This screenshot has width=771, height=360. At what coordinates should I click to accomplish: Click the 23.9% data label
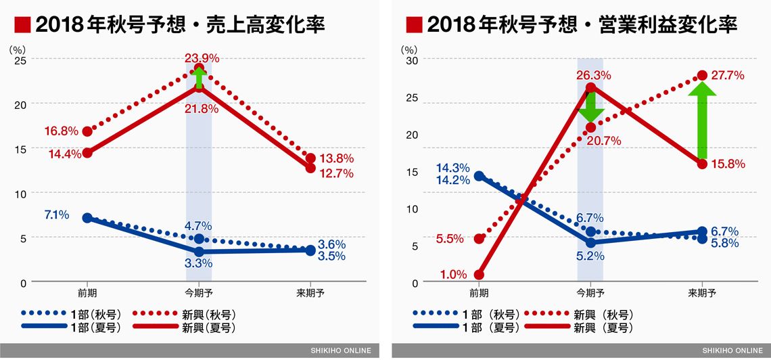[199, 58]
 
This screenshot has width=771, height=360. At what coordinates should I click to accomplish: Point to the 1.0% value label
[453, 274]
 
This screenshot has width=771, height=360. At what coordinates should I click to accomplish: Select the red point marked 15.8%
[702, 164]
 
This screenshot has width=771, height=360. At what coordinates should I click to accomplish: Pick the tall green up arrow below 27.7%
[702, 119]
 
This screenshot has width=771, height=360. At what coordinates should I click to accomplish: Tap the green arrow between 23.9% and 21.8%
[199, 77]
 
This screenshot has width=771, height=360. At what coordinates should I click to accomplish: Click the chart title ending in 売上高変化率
[179, 25]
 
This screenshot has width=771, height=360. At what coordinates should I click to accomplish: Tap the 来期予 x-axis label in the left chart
[310, 293]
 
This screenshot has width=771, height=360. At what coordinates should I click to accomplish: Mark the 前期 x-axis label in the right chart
[479, 293]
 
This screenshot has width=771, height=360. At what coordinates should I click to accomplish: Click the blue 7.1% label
[57, 215]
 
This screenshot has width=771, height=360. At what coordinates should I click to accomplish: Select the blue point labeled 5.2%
[590, 242]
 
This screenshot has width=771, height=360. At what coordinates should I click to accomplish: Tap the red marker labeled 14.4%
[87, 153]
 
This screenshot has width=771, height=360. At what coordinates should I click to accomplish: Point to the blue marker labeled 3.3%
[199, 252]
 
